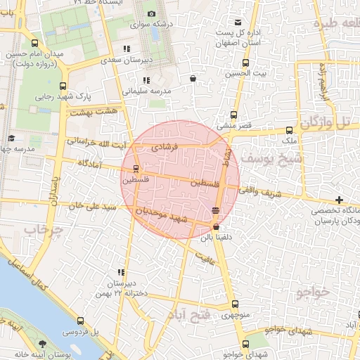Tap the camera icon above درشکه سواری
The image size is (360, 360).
(151, 13)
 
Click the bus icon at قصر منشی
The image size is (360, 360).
(234, 116)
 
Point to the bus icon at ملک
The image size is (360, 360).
(289, 130)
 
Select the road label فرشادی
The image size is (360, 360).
(167, 147)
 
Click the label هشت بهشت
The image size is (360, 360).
(94, 112)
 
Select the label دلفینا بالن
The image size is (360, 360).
(217, 238)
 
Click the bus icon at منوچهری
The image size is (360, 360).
(234, 304)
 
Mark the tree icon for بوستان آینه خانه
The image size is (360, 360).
(44, 344)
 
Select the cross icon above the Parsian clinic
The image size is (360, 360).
(340, 200)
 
